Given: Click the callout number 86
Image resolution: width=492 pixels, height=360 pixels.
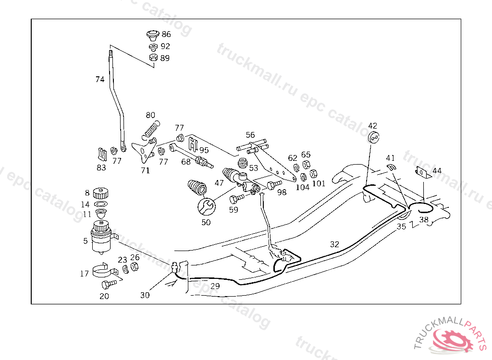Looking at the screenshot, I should coord(166,35).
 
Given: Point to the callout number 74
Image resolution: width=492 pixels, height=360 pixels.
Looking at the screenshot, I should coord(100,80).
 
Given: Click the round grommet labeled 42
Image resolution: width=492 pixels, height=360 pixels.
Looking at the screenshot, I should coord(374,138).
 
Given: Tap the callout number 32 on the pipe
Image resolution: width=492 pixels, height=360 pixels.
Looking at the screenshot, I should coord(335,244).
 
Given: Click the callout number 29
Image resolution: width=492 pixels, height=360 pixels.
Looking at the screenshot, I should coord(215,286).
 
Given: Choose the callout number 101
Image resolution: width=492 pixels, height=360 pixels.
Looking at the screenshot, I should coord(319,183).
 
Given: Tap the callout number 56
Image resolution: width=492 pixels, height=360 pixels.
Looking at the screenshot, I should coord(250,135).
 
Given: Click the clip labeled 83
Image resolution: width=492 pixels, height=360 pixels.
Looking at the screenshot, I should coord(101,154).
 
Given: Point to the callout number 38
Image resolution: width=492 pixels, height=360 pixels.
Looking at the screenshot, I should coord(424,220).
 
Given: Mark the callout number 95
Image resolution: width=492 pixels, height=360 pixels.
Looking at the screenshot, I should coord(204,150).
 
